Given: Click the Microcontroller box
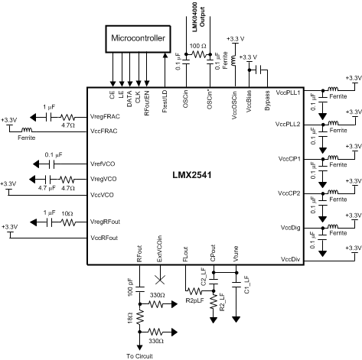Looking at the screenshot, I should tap(139, 38).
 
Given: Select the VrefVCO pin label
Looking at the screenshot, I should tap(103, 164).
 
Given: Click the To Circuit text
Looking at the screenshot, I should tap(140, 354).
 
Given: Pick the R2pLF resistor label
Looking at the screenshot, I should tap(196, 301).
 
